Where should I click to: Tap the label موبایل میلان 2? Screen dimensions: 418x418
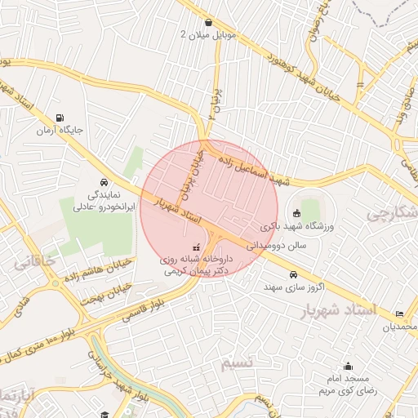pos(209,35)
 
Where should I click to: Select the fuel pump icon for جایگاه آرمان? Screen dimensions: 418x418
pos(59,118)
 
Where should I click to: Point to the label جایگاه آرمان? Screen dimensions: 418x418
pos(58,131)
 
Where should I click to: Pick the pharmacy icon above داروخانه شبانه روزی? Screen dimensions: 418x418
pos(195,246)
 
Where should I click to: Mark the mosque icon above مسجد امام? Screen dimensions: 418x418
pos(349,366)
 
